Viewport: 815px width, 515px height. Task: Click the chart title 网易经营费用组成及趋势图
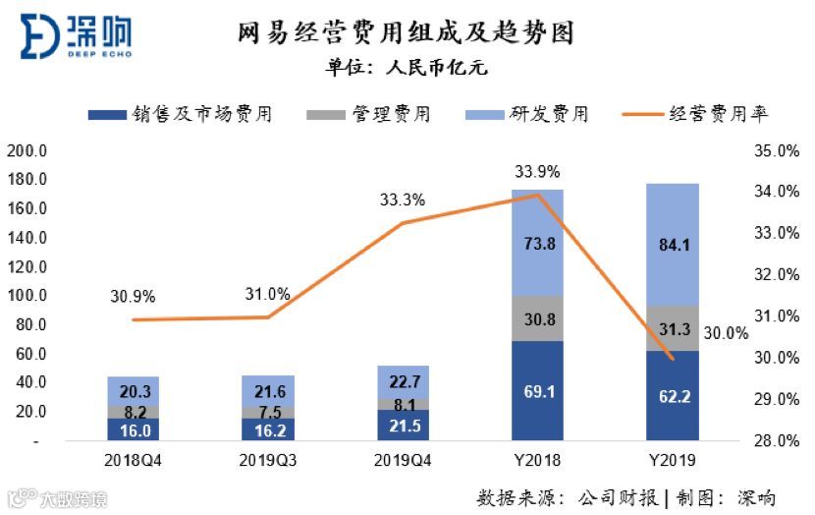tap(406, 33)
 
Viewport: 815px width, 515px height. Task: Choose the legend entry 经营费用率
tap(696, 114)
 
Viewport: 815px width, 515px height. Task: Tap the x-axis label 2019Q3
tap(268, 460)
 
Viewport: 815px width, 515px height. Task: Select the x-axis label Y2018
tap(537, 460)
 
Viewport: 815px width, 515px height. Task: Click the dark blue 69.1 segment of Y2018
tap(537, 391)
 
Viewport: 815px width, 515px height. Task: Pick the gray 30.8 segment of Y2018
tap(537, 318)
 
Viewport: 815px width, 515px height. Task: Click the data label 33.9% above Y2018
tap(537, 173)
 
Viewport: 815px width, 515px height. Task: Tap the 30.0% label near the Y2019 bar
tap(728, 333)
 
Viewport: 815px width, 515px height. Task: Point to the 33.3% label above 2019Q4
tap(403, 200)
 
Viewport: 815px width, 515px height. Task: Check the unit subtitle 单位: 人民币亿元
tap(407, 69)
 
